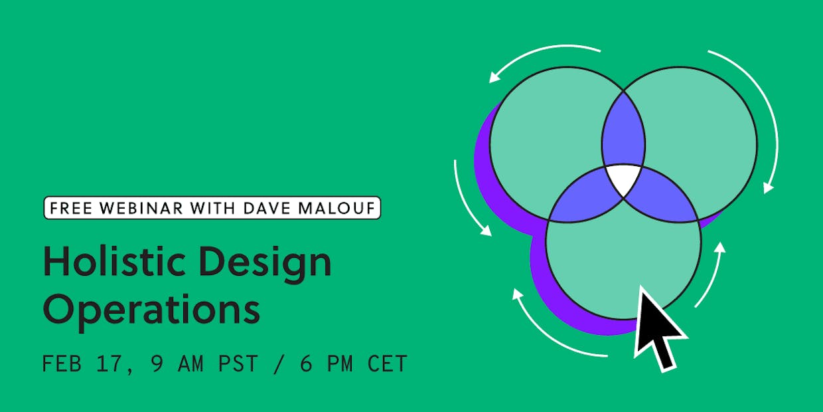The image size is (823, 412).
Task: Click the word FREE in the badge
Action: pos(71,208)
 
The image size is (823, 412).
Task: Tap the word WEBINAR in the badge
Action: pos(141,208)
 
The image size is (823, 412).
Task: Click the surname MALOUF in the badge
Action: pos(337,208)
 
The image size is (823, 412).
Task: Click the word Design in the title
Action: pos(265,264)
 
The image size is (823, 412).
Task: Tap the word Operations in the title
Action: pos(152,311)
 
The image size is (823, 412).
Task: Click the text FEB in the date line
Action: pos(62,363)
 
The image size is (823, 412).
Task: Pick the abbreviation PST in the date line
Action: pos(238,363)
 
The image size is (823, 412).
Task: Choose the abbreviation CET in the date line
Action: pos(387,363)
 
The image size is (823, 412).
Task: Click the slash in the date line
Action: pos(279,363)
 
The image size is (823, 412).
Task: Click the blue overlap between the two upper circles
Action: pos(623,132)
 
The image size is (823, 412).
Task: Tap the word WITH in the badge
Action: pos(213,208)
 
